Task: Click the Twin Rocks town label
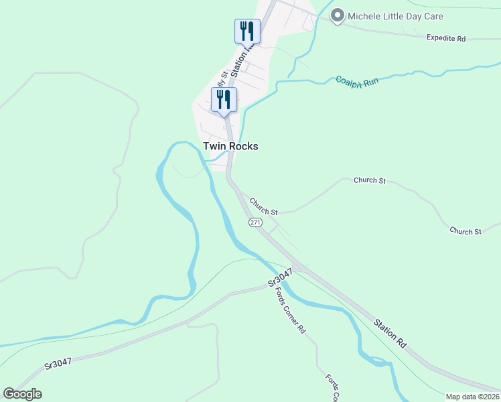point(230,146)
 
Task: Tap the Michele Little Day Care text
point(397,16)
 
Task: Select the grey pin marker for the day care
point(338,15)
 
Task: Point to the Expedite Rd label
point(445,38)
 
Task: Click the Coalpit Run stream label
point(357,80)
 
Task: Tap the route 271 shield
point(255,222)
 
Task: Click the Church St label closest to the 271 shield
point(264,206)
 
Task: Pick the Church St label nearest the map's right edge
point(466,231)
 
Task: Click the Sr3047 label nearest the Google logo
point(58,365)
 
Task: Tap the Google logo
point(22,394)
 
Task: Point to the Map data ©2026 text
point(473,397)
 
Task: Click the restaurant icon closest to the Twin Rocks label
point(224,99)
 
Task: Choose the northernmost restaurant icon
point(247,31)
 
